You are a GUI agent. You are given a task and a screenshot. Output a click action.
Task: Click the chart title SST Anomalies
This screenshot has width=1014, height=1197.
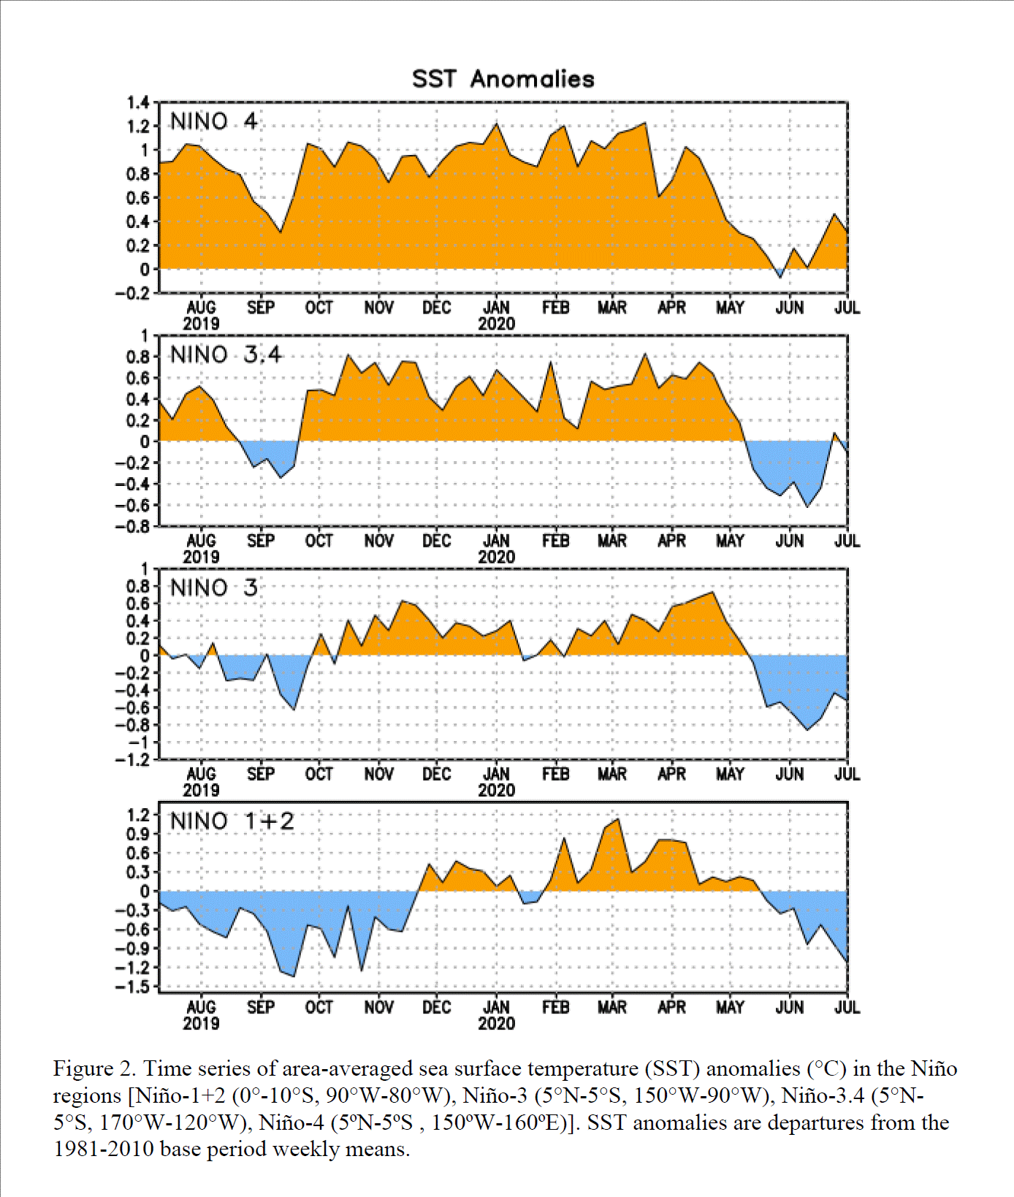click(x=503, y=79)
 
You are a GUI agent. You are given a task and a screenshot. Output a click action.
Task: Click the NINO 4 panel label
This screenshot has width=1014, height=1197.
click(x=213, y=121)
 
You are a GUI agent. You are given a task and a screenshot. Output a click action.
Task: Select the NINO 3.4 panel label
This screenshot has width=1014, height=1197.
click(x=226, y=354)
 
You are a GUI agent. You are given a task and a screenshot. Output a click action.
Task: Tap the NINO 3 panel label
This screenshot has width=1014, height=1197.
click(x=213, y=588)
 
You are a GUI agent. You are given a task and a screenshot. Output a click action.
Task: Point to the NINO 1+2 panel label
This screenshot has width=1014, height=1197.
click(x=232, y=821)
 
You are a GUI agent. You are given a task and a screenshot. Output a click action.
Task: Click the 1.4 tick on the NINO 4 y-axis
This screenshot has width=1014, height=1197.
click(x=138, y=102)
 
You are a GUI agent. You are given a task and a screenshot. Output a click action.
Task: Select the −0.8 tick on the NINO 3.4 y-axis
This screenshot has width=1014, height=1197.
click(x=133, y=526)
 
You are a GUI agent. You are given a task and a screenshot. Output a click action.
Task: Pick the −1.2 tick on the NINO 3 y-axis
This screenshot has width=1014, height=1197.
click(x=133, y=760)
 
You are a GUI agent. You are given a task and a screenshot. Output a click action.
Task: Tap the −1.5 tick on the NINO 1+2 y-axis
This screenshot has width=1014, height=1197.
click(x=133, y=987)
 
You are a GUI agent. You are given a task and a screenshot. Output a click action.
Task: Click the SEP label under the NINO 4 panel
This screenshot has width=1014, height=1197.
click(x=261, y=308)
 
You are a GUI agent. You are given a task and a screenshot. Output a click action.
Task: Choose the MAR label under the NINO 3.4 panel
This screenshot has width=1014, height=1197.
click(x=612, y=541)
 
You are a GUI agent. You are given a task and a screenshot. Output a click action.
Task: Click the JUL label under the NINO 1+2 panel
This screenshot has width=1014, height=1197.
click(x=847, y=1007)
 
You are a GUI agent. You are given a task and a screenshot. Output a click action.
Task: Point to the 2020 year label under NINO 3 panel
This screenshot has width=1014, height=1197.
click(x=497, y=790)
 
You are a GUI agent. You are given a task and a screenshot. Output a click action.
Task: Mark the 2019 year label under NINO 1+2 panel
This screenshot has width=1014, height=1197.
click(x=201, y=1023)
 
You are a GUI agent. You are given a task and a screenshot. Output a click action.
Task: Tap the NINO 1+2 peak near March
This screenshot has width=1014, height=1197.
click(x=618, y=819)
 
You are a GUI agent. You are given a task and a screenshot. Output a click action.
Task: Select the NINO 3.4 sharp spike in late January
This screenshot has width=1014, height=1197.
click(x=551, y=362)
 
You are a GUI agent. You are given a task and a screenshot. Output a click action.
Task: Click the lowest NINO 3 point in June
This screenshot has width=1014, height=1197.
click(x=807, y=729)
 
